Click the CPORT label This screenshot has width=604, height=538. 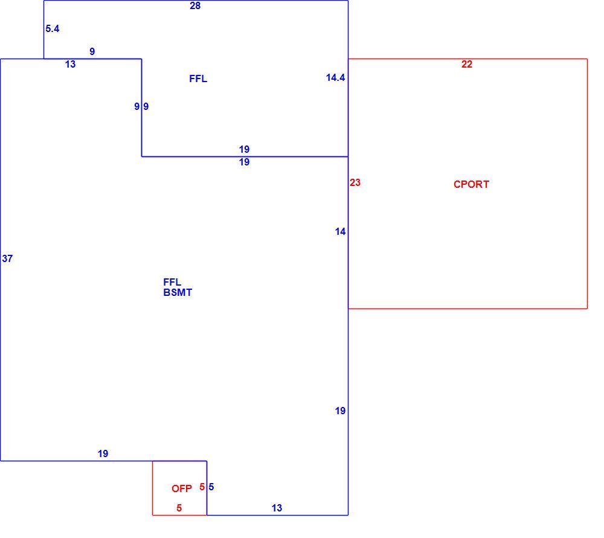click(x=471, y=185)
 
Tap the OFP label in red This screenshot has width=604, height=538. click(x=181, y=488)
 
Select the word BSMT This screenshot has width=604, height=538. click(x=178, y=293)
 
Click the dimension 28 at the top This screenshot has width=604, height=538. click(x=195, y=6)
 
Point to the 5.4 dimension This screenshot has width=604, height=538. click(x=53, y=28)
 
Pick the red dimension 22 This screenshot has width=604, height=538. click(x=467, y=65)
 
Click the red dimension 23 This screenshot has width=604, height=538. click(x=355, y=182)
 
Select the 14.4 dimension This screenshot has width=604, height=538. click(x=335, y=78)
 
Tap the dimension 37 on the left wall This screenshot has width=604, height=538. click(x=7, y=259)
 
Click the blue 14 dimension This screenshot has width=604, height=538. click(x=340, y=232)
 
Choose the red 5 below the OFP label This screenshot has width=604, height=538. click(x=179, y=508)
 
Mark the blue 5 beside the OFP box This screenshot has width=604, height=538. click(x=211, y=487)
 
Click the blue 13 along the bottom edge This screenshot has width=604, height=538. click(x=277, y=508)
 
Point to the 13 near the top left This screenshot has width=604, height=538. click(x=71, y=65)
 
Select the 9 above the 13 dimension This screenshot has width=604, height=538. click(x=92, y=51)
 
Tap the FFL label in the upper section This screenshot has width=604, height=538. click(x=198, y=79)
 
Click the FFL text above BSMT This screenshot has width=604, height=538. click(x=172, y=283)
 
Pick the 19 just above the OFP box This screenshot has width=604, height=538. click(x=103, y=454)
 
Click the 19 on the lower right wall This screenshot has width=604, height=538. click(x=340, y=411)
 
